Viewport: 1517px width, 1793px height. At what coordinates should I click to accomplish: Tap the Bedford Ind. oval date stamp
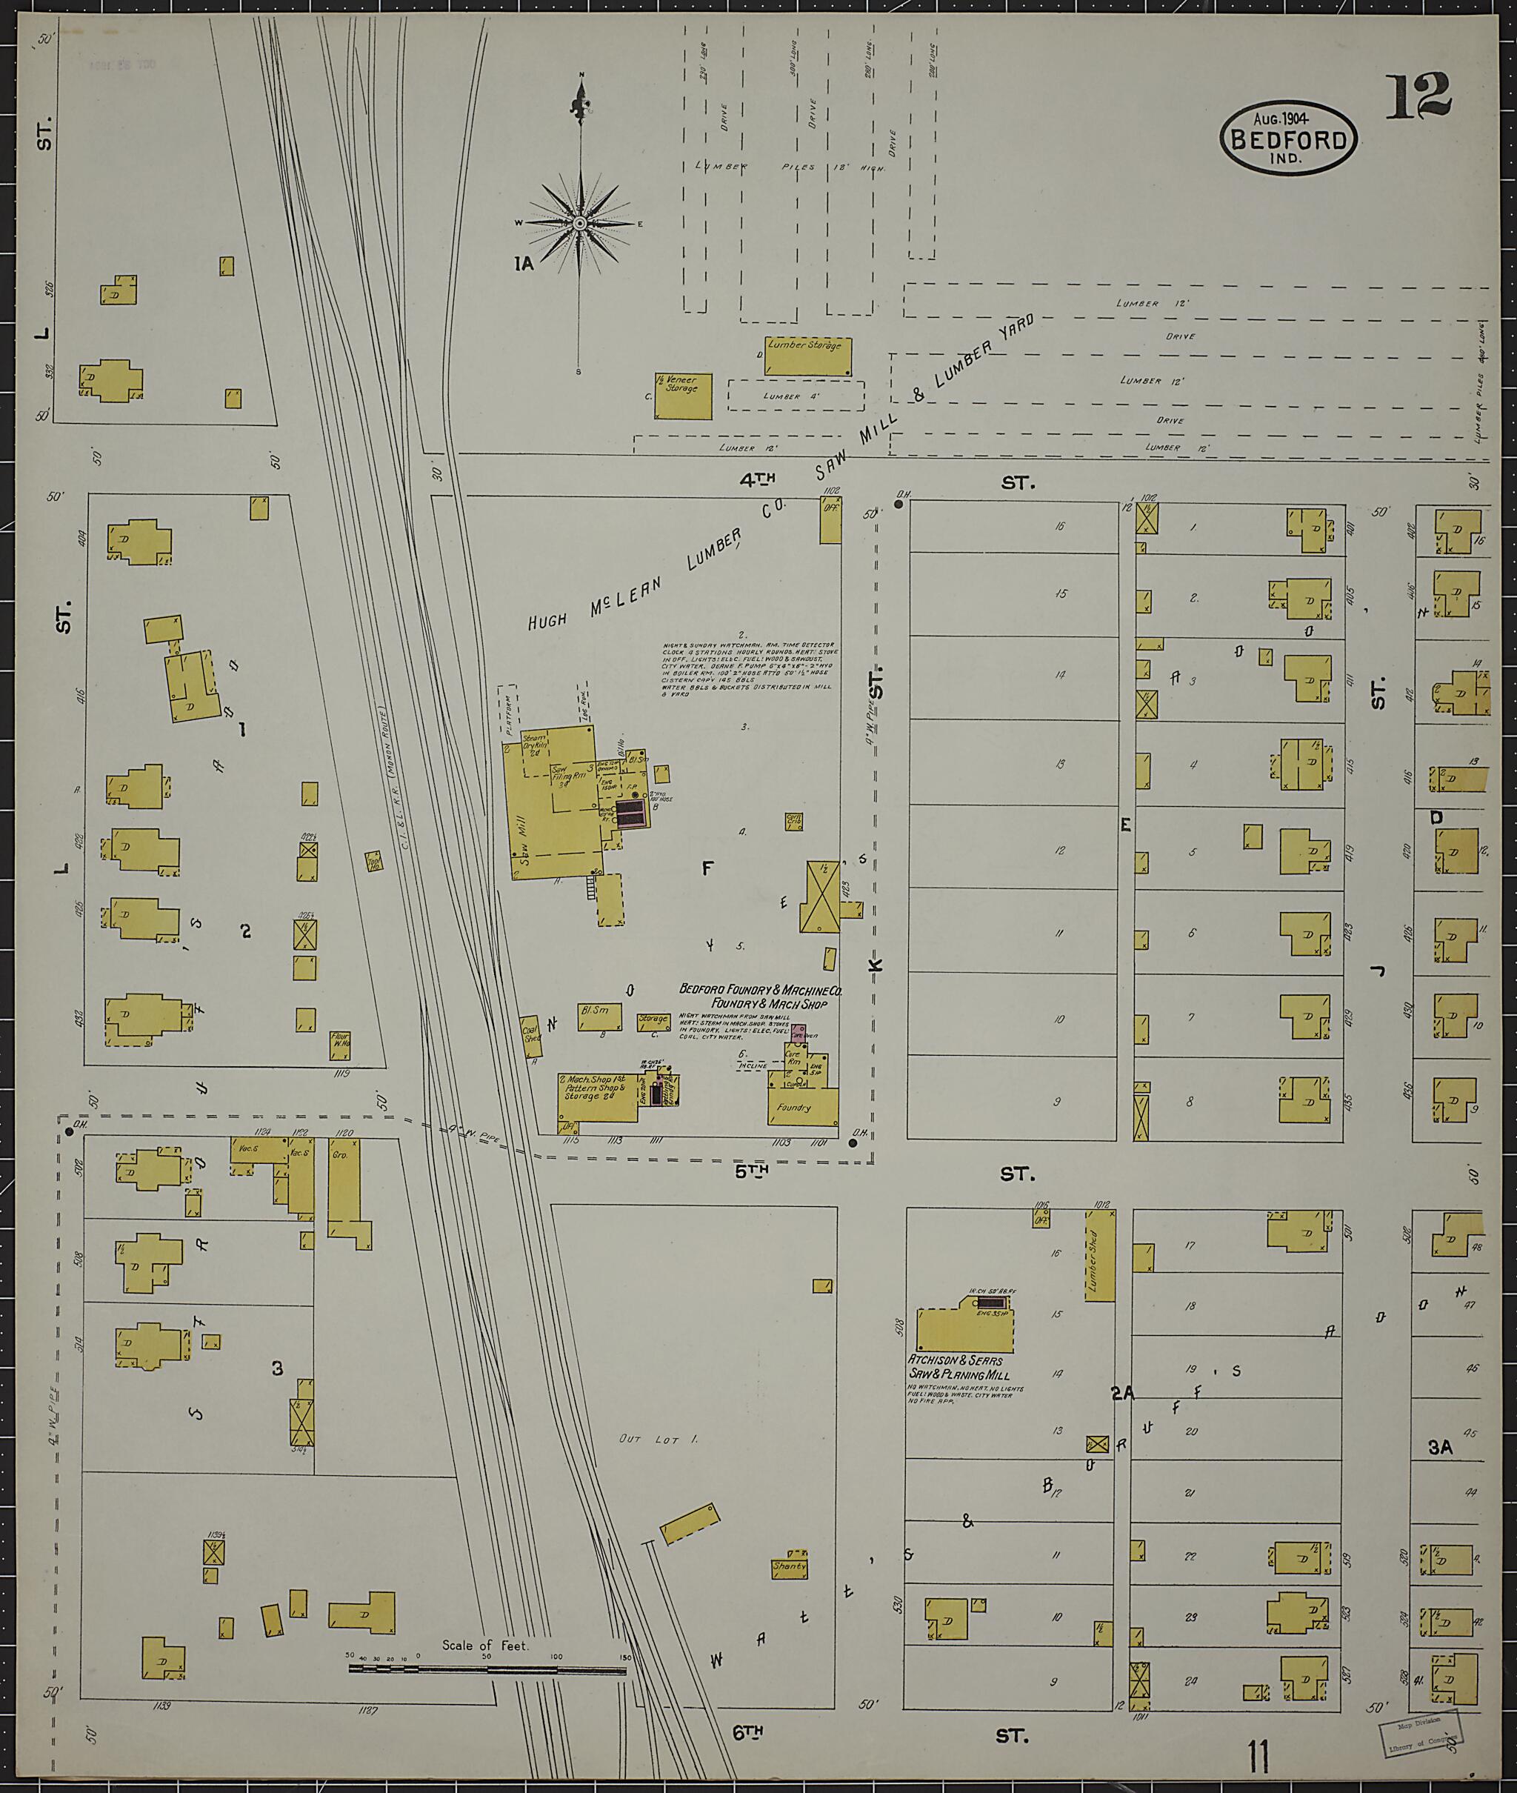pyautogui.click(x=1287, y=139)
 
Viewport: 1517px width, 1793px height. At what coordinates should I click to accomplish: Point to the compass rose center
pyautogui.click(x=581, y=224)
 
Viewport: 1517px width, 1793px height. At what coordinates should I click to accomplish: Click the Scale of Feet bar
pyautogui.click(x=487, y=1669)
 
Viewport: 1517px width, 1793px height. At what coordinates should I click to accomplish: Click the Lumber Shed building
pyautogui.click(x=1099, y=1254)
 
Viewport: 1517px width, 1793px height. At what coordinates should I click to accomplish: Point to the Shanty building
pyautogui.click(x=790, y=1567)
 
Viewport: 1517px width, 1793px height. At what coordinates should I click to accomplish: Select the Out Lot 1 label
pyautogui.click(x=659, y=1438)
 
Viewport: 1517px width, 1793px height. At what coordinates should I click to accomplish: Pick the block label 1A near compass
pyautogui.click(x=524, y=264)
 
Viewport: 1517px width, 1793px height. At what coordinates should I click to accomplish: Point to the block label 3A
pyautogui.click(x=1440, y=1447)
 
